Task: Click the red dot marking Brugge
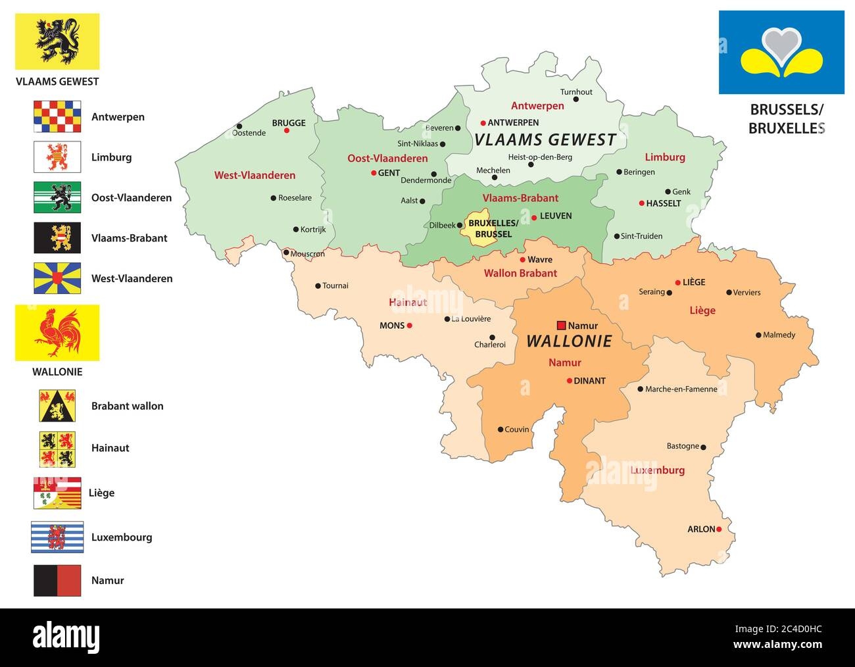pos(287,130)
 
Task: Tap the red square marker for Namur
pos(561,325)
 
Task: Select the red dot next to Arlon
pos(719,529)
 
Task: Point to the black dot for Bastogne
pos(703,447)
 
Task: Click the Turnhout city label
pos(576,92)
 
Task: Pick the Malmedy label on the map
pos(779,335)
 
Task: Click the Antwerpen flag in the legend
pos(57,116)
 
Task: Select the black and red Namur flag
pos(57,580)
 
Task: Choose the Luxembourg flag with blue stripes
pos(57,537)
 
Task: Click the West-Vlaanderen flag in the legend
pos(57,278)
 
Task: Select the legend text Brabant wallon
pos(127,406)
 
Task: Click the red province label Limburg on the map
pos(664,157)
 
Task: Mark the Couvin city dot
pos(500,430)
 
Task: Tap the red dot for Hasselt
pos(641,203)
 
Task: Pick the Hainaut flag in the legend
pos(57,448)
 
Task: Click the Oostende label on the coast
pos(249,133)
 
